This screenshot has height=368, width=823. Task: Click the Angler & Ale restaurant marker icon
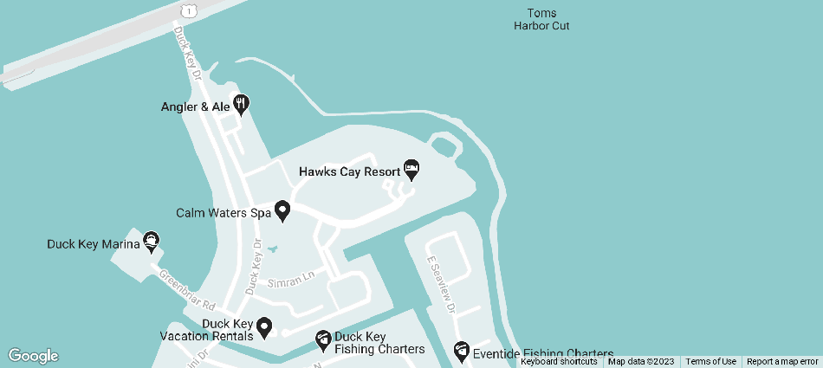(x=242, y=104)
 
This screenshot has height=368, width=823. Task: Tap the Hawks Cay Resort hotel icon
(x=411, y=168)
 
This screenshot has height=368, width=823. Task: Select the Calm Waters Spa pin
(x=282, y=210)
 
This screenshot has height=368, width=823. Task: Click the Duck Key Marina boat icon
(x=152, y=242)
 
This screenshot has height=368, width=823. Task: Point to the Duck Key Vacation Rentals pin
(x=264, y=327)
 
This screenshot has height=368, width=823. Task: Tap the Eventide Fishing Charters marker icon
(x=461, y=351)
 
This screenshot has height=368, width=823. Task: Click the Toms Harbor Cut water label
(x=541, y=19)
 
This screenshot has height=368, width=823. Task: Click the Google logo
(x=33, y=356)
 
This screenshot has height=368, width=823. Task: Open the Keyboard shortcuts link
(x=559, y=362)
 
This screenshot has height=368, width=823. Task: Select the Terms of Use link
(x=710, y=362)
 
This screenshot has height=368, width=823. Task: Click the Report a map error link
(x=781, y=362)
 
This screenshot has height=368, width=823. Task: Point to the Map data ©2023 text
(x=641, y=362)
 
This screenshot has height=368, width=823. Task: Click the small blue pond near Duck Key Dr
(x=273, y=249)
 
